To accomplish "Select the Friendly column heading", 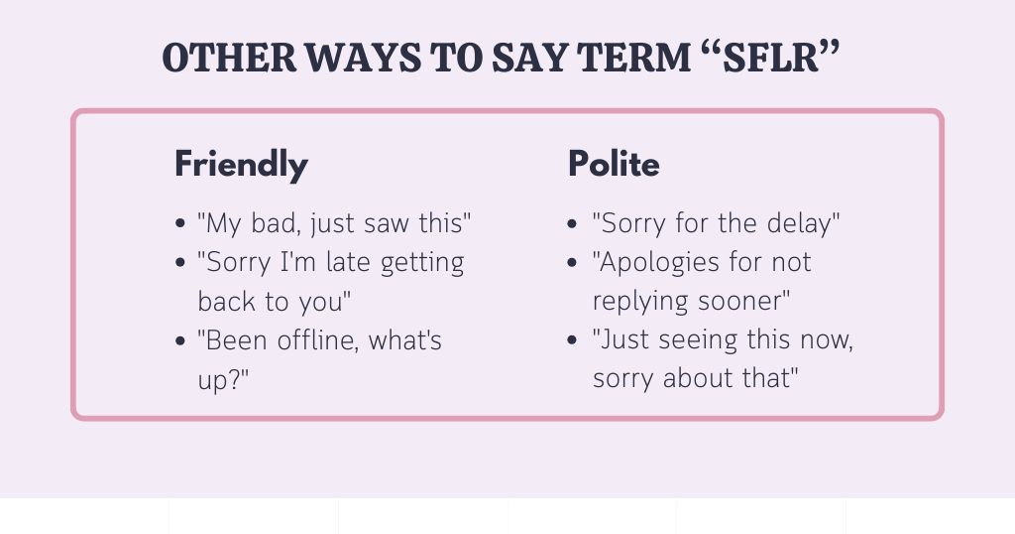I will pyautogui.click(x=241, y=164).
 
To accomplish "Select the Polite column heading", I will pyautogui.click(x=614, y=164).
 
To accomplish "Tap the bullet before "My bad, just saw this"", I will pyautogui.click(x=179, y=224).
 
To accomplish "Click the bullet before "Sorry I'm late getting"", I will pyautogui.click(x=179, y=263).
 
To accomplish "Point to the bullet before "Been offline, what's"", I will pyautogui.click(x=179, y=341).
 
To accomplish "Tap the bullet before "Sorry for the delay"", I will pyautogui.click(x=574, y=224).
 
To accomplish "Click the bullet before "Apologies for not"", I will pyautogui.click(x=574, y=263).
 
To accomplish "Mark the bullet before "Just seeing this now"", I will pyautogui.click(x=574, y=341).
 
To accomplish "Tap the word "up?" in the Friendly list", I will pyautogui.click(x=223, y=380).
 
